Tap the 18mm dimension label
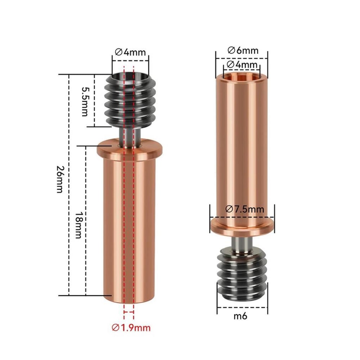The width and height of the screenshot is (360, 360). coord(79,225)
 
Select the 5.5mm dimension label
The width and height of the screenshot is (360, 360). coord(85,102)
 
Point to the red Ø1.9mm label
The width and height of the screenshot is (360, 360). coord(131,328)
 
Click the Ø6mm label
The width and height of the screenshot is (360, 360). coord(243,50)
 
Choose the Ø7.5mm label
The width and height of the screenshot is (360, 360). coord(245,209)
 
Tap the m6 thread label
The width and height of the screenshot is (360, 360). coord(240,316)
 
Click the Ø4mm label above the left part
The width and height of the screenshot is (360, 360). coord(130,52)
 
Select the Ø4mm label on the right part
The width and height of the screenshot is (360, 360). coord(242,64)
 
